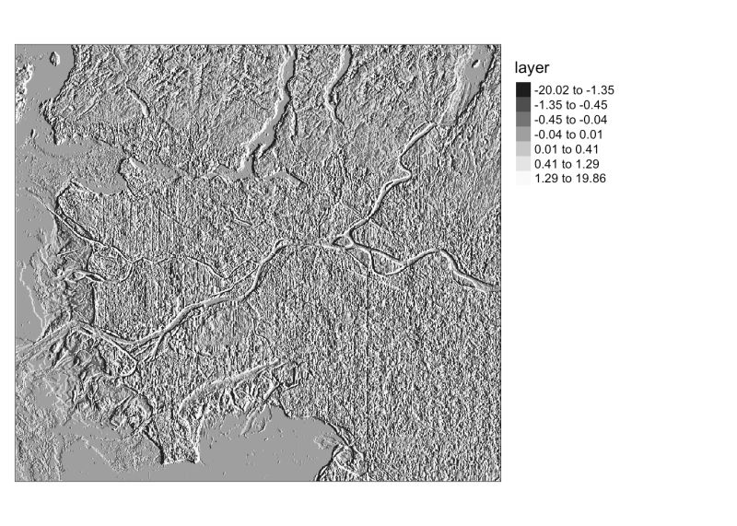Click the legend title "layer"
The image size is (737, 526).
coord(532,68)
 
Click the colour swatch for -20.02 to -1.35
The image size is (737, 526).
coord(522,90)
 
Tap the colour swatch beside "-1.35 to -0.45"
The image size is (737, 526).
coord(522,105)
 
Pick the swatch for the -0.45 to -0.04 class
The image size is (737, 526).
coord(522,120)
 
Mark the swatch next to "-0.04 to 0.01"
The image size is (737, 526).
coord(522,134)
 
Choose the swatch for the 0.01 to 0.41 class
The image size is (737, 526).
coord(522,149)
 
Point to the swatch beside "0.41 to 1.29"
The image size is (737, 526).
coord(522,164)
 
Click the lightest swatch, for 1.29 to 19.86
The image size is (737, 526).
coord(522,179)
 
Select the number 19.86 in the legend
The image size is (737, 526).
coord(589,179)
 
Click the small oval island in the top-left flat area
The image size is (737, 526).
coord(53,61)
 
